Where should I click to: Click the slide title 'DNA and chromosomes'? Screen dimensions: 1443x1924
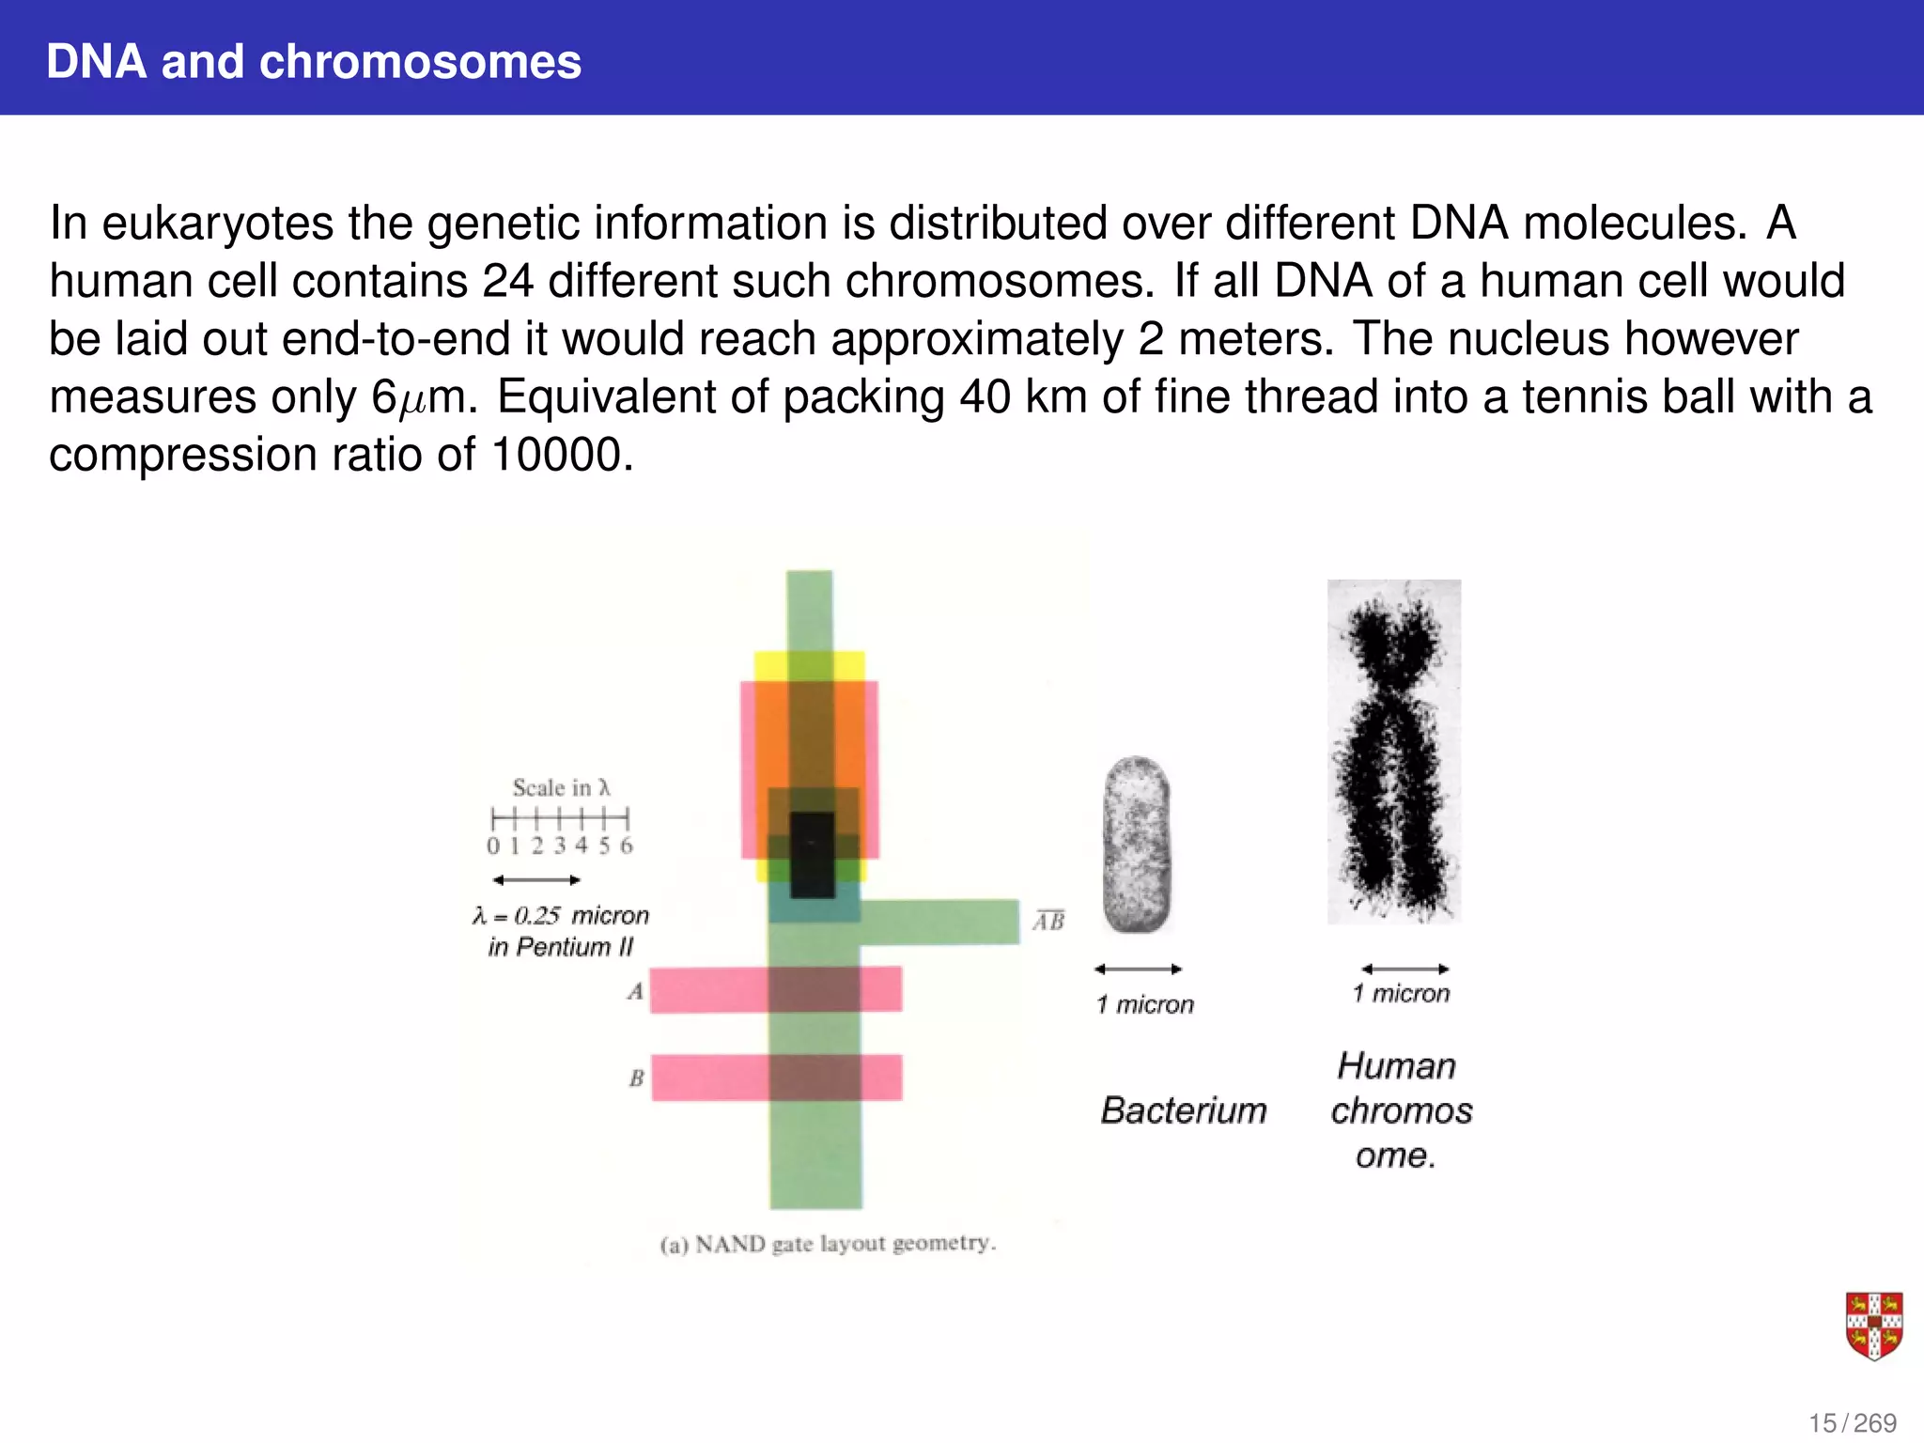(x=314, y=62)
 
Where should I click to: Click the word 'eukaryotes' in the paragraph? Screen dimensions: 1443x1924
(x=217, y=224)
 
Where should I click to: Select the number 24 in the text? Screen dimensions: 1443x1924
(x=507, y=281)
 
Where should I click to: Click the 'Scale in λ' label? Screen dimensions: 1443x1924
(x=561, y=787)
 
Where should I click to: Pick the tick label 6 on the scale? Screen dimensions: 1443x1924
(x=627, y=846)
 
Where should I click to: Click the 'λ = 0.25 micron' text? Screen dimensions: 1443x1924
(x=561, y=915)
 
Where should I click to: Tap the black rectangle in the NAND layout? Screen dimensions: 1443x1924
(x=812, y=855)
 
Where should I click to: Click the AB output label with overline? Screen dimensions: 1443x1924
(x=1049, y=921)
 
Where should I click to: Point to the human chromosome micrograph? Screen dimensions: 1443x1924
(x=1393, y=752)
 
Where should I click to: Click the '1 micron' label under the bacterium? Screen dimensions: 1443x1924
(x=1144, y=1004)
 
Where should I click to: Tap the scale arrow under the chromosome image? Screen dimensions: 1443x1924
(x=1404, y=969)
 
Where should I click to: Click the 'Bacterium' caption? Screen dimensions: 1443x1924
(x=1184, y=1110)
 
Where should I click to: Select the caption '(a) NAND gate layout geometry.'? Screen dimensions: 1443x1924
(x=828, y=1244)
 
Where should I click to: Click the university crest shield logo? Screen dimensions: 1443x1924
(x=1873, y=1326)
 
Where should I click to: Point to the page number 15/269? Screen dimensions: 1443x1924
(x=1852, y=1423)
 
